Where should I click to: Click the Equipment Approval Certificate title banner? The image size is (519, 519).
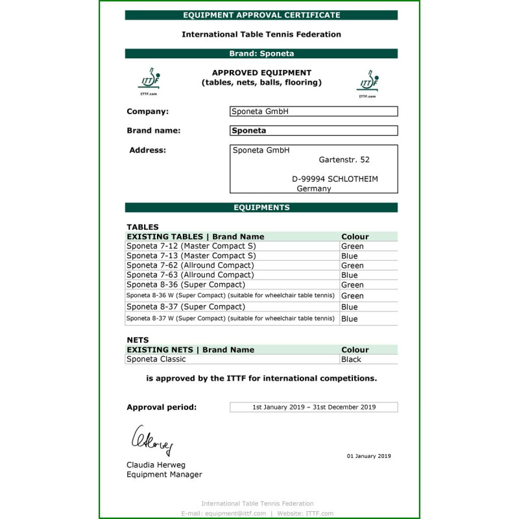pyautogui.click(x=261, y=15)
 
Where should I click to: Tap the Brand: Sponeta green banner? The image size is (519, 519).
pyautogui.click(x=261, y=54)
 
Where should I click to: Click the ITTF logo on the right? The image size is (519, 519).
pyautogui.click(x=367, y=83)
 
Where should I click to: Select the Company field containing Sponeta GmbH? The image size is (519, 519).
pyautogui.click(x=313, y=112)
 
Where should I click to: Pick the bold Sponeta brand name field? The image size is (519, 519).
pyautogui.click(x=313, y=130)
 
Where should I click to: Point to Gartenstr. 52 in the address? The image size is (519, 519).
pyautogui.click(x=344, y=160)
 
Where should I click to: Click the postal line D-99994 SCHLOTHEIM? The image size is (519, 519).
pyautogui.click(x=335, y=179)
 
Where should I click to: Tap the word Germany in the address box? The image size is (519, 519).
pyautogui.click(x=314, y=189)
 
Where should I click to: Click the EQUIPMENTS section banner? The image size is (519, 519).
pyautogui.click(x=261, y=208)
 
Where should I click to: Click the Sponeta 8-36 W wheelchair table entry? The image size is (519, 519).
pyautogui.click(x=230, y=296)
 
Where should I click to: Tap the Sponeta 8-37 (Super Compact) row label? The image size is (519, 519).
pyautogui.click(x=186, y=307)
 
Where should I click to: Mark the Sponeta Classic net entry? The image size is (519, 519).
pyautogui.click(x=156, y=359)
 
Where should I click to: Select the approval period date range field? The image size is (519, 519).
pyautogui.click(x=313, y=407)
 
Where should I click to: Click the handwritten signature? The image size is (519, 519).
pyautogui.click(x=152, y=441)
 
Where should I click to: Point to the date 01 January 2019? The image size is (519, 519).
pyautogui.click(x=368, y=456)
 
